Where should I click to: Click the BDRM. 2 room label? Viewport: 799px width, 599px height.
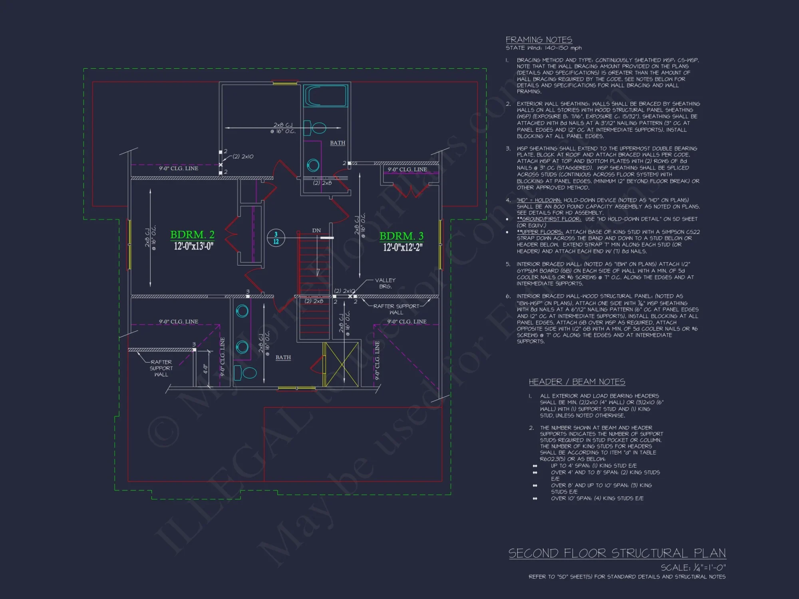click(x=192, y=234)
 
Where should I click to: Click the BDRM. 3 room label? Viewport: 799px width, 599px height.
click(x=401, y=236)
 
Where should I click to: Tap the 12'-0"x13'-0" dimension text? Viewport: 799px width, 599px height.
click(x=193, y=246)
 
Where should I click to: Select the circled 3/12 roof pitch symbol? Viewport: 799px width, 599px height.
click(x=276, y=238)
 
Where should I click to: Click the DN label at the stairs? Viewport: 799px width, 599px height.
click(x=316, y=230)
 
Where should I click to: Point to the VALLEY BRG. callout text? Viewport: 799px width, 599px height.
click(x=385, y=283)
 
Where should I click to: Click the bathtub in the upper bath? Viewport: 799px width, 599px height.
click(x=325, y=96)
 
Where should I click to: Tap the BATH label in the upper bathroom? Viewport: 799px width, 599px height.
click(x=338, y=143)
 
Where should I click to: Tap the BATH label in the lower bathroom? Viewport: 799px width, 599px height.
click(x=283, y=357)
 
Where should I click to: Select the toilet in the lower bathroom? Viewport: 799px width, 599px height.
click(x=245, y=373)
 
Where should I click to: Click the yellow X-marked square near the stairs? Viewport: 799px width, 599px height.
click(x=341, y=365)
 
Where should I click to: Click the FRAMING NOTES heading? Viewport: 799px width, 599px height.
click(x=539, y=40)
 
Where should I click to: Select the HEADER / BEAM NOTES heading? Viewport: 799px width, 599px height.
click(x=576, y=382)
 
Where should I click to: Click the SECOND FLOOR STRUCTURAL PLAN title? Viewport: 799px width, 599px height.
click(x=617, y=553)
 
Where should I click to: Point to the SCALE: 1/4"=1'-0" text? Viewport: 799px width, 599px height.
click(x=693, y=567)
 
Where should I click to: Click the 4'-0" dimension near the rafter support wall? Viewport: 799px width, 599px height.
click(x=205, y=369)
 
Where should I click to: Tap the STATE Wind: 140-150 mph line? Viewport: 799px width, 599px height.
click(x=543, y=48)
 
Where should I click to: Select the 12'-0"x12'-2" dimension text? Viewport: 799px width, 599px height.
click(x=402, y=247)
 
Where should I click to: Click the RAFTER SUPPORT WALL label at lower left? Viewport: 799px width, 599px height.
click(x=161, y=368)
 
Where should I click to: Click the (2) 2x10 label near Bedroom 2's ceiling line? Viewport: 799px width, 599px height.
click(x=243, y=157)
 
